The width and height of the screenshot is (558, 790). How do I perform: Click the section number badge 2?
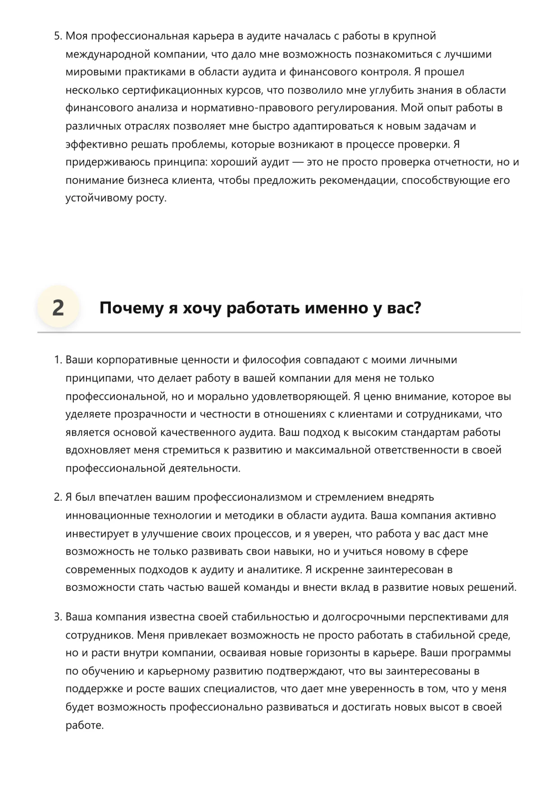pos(58,308)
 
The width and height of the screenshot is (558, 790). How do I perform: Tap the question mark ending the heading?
pos(417,308)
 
